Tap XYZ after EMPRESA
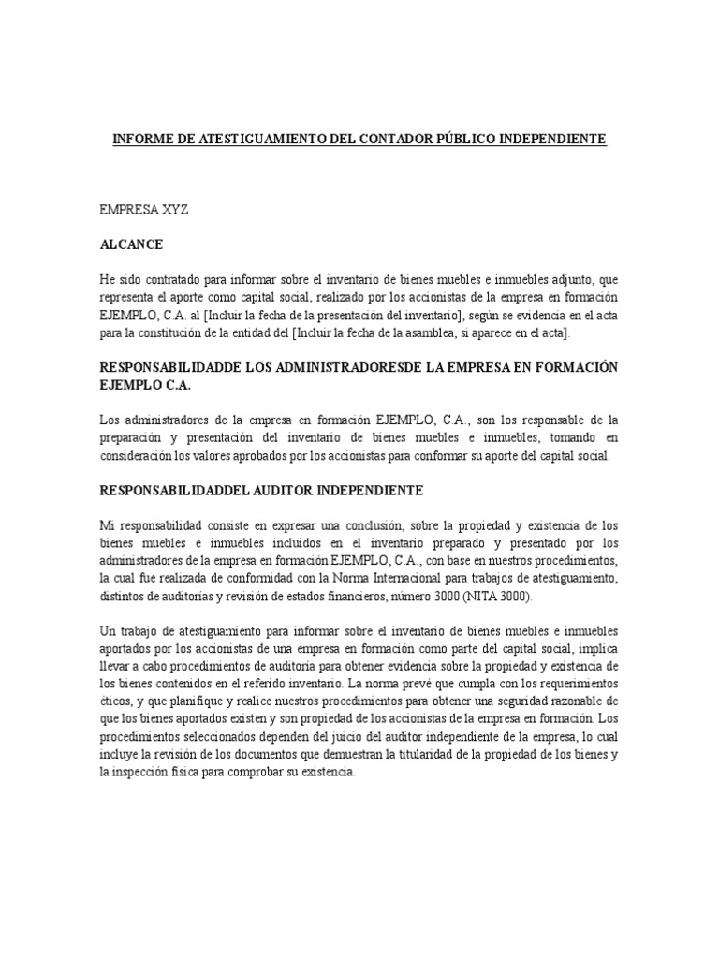[x=174, y=210]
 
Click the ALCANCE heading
[x=131, y=244]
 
